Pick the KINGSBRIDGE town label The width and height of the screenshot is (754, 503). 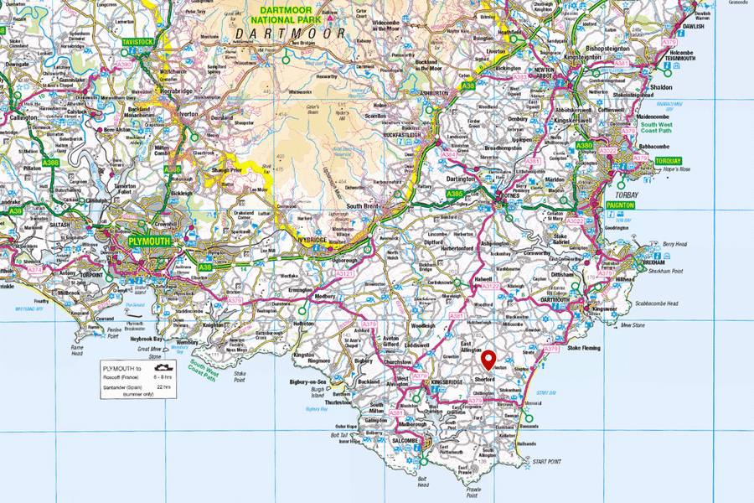[x=447, y=382]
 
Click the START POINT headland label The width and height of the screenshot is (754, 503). [x=546, y=460]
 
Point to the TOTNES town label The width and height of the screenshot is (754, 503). [x=510, y=194]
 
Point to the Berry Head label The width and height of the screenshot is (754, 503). [x=674, y=244]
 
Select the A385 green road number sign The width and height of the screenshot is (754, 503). [x=455, y=194]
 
